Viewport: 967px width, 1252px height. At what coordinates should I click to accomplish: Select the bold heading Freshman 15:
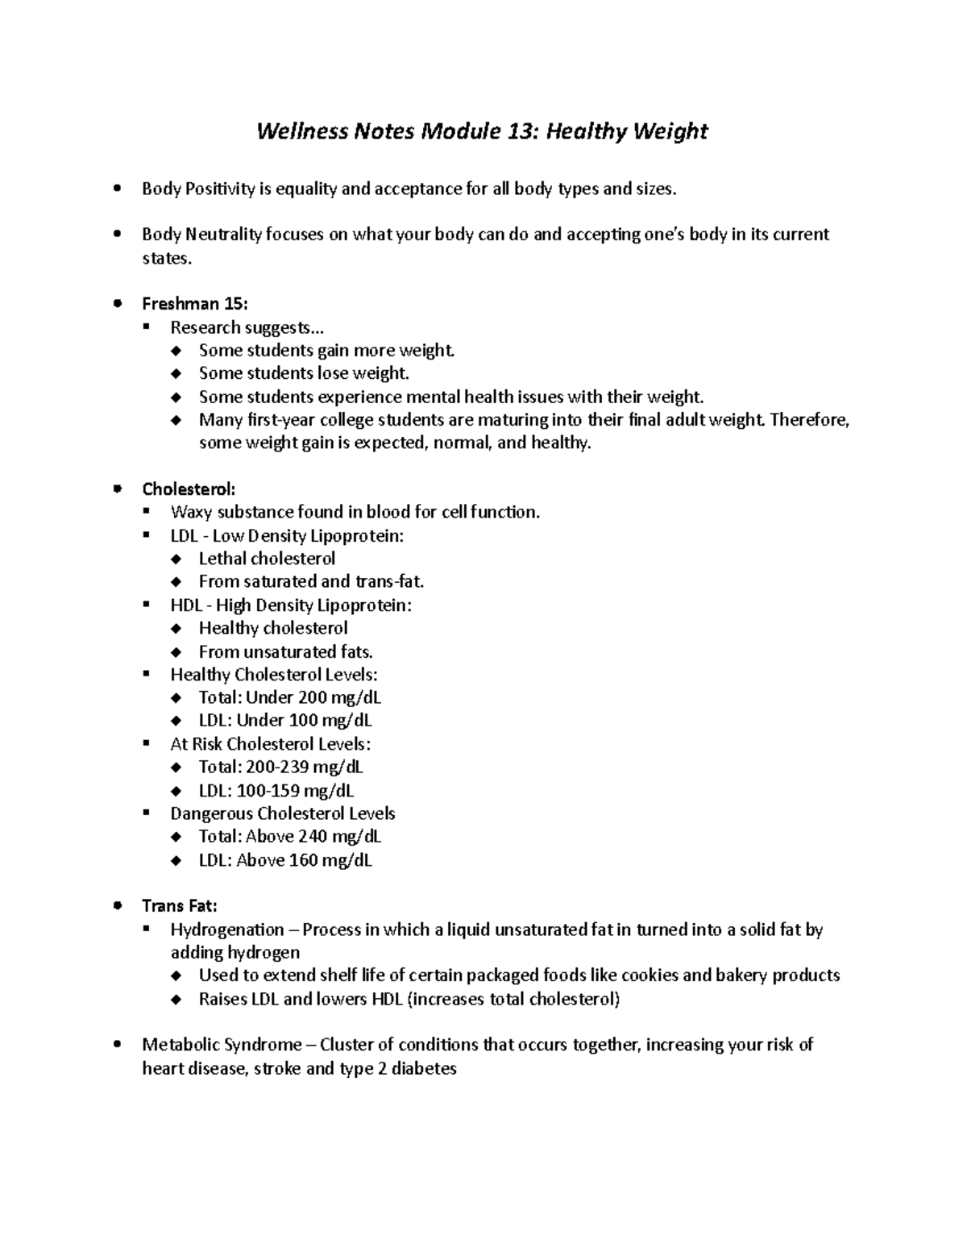(195, 304)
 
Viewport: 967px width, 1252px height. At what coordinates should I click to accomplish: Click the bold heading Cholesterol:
(189, 489)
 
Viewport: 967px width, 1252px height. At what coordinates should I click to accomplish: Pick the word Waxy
(189, 513)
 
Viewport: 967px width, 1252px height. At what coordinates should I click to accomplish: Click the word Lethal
(222, 559)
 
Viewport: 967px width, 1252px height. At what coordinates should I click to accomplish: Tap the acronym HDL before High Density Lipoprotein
(186, 605)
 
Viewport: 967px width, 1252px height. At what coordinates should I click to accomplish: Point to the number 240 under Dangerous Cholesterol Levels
(313, 837)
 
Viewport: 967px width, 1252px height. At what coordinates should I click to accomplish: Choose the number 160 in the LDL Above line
(303, 860)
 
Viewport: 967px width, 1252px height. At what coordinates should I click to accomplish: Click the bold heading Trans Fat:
(179, 906)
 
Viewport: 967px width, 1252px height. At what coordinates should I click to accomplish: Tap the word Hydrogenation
(227, 930)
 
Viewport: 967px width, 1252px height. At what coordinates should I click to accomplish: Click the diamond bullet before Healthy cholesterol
(176, 629)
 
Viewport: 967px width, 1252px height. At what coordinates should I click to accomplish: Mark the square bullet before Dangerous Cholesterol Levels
(146, 813)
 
